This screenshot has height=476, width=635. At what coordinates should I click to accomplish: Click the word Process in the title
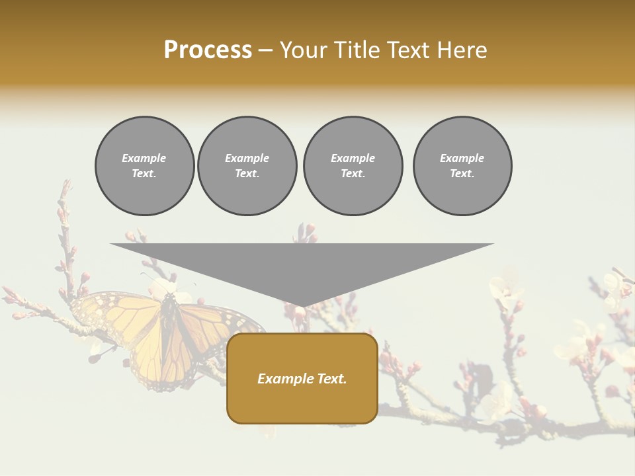pos(208,50)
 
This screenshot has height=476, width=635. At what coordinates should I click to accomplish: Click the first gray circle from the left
pos(144,166)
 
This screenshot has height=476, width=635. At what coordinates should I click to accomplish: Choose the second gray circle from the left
pos(247,166)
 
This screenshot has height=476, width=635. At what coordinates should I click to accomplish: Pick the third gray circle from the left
pos(353,166)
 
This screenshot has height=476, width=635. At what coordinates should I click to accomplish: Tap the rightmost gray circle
pos(462,166)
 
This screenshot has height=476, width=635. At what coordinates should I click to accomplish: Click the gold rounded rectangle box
pos(302,378)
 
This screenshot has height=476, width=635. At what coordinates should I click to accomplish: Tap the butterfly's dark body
pos(169,324)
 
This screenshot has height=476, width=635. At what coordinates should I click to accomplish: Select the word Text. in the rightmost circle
pos(462,174)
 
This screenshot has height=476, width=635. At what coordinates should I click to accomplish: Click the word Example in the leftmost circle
pos(144,158)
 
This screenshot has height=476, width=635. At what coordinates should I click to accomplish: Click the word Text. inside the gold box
pos(332,379)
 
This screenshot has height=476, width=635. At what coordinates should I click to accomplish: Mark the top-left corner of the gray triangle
pos(111,244)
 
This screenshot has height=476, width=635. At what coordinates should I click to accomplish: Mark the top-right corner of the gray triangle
pos(493,244)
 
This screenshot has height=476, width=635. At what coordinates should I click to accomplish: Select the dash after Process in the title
pos(266,50)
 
